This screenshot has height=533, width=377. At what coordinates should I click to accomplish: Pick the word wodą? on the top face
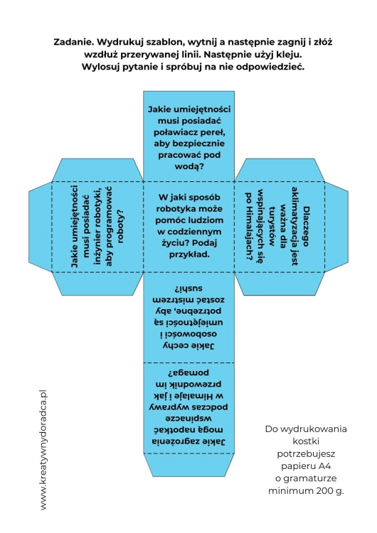[x=189, y=166]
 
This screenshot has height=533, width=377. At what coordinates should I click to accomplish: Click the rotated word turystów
[x=272, y=226]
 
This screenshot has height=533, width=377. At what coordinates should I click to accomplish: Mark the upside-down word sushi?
[x=188, y=289]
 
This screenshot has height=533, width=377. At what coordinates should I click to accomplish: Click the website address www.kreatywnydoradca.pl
[x=43, y=450]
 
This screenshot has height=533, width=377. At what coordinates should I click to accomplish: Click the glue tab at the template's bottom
[x=188, y=465]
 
